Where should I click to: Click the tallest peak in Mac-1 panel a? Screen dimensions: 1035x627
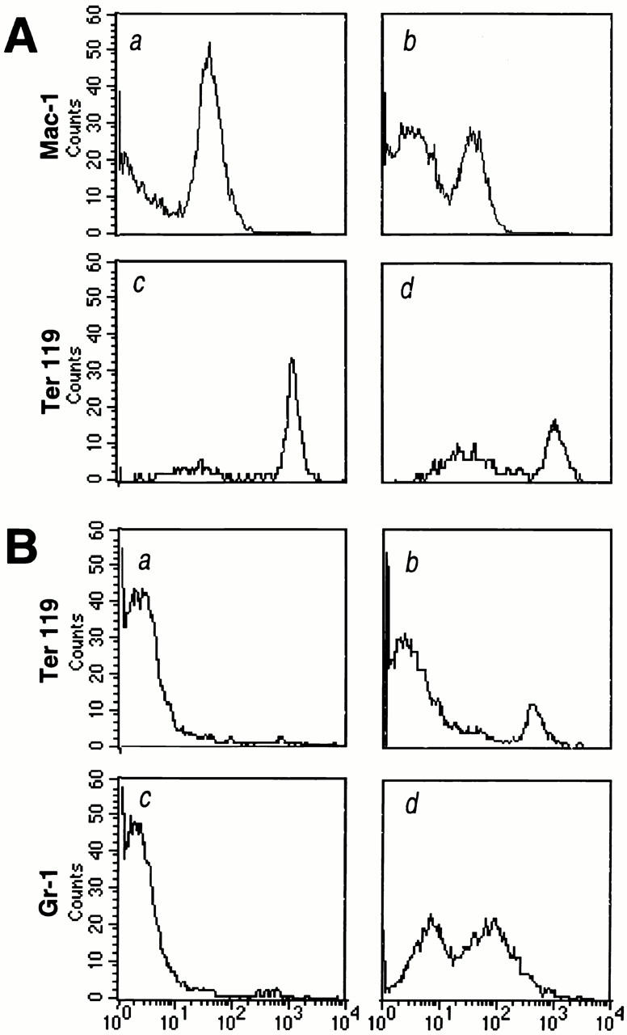coord(209,44)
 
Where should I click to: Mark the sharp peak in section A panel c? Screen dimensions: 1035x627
coord(292,360)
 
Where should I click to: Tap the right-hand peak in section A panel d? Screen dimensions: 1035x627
coord(554,421)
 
